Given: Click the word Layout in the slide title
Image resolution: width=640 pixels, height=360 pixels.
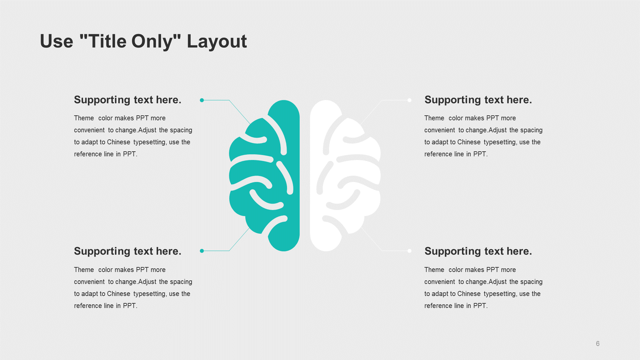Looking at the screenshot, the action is click(217, 42).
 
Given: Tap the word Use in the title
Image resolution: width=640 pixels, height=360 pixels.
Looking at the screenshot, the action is click(57, 41).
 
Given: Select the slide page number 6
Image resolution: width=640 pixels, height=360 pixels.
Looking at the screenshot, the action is click(598, 344).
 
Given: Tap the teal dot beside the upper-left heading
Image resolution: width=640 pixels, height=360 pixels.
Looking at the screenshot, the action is click(202, 100).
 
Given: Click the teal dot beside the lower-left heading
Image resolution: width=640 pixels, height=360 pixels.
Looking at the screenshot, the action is click(202, 251).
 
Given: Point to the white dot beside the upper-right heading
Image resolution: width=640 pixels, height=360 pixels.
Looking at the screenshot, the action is click(409, 100).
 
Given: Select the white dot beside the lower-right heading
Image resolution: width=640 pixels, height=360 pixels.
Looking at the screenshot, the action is click(409, 251).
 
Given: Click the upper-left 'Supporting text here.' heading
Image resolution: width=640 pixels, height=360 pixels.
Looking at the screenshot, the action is click(128, 100).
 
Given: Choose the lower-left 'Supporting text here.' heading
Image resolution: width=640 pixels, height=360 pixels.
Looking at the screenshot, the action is click(128, 251).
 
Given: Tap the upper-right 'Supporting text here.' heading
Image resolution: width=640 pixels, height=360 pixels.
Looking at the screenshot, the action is click(478, 100).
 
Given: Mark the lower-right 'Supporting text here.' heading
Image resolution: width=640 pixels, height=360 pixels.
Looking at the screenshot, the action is click(478, 251).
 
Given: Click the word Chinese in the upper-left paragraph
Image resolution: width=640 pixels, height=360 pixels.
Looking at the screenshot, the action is click(119, 142).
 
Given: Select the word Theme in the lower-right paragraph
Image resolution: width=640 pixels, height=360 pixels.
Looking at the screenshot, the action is click(434, 270).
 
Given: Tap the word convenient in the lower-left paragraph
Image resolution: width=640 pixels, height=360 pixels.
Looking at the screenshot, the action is click(89, 282).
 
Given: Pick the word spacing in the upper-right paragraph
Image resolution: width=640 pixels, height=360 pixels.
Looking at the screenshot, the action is click(531, 130).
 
